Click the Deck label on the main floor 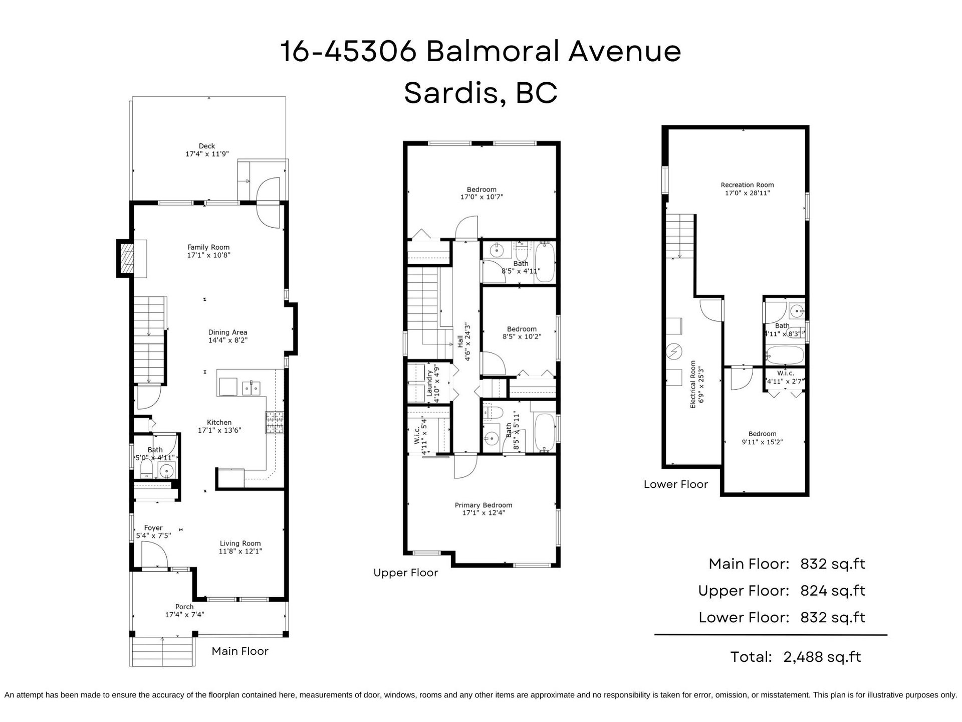click(x=207, y=146)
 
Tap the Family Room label click(x=208, y=247)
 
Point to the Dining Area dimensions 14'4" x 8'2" click(x=228, y=340)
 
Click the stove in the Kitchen click(x=274, y=423)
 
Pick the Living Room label click(x=241, y=544)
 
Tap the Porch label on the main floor click(x=184, y=607)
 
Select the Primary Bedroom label click(x=484, y=505)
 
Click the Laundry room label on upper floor click(x=429, y=384)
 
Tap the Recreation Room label click(x=748, y=185)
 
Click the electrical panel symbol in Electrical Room click(x=674, y=351)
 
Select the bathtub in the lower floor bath click(x=785, y=355)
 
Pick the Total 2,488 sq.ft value click(x=822, y=657)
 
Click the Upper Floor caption click(x=406, y=573)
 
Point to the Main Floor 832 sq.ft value click(x=833, y=564)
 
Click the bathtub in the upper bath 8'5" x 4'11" click(x=544, y=263)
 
